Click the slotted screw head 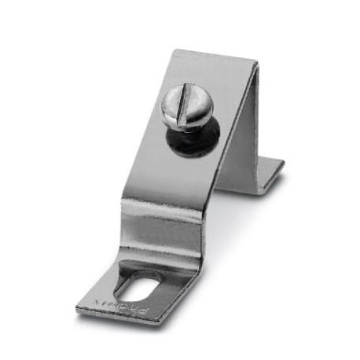[187, 108]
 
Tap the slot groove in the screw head [186, 108]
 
